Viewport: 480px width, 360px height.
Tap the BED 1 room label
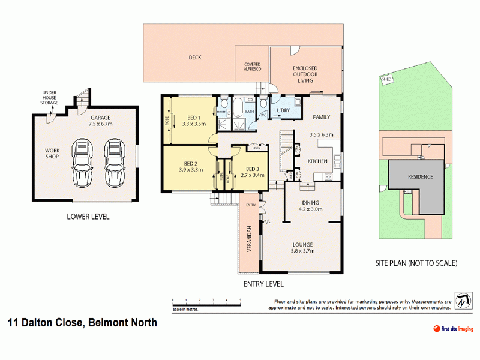pyautogui.click(x=194, y=118)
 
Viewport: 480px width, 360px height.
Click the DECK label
pyautogui.click(x=194, y=58)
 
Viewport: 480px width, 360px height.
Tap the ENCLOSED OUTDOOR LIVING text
pyautogui.click(x=305, y=75)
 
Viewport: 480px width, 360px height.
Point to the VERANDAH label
pyautogui.click(x=248, y=238)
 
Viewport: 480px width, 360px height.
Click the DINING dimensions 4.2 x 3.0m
pyautogui.click(x=311, y=209)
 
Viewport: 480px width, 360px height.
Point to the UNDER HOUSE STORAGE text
pyautogui.click(x=49, y=98)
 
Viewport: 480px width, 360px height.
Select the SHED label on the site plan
pyautogui.click(x=387, y=79)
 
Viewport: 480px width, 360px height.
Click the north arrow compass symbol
pyautogui.click(x=463, y=301)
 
